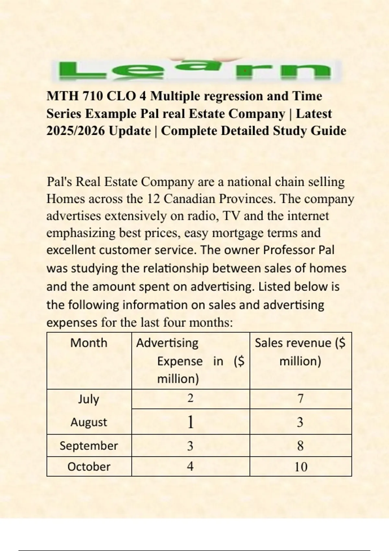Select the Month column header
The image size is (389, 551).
88,343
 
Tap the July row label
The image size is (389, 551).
88,399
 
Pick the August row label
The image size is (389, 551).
88,422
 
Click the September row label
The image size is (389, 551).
88,446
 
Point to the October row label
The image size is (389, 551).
88,467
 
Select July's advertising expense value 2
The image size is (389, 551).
190,398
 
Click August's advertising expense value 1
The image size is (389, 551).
190,422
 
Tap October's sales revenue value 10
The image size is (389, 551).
301,467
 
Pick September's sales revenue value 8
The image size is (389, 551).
301,446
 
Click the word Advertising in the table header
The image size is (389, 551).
167,343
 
